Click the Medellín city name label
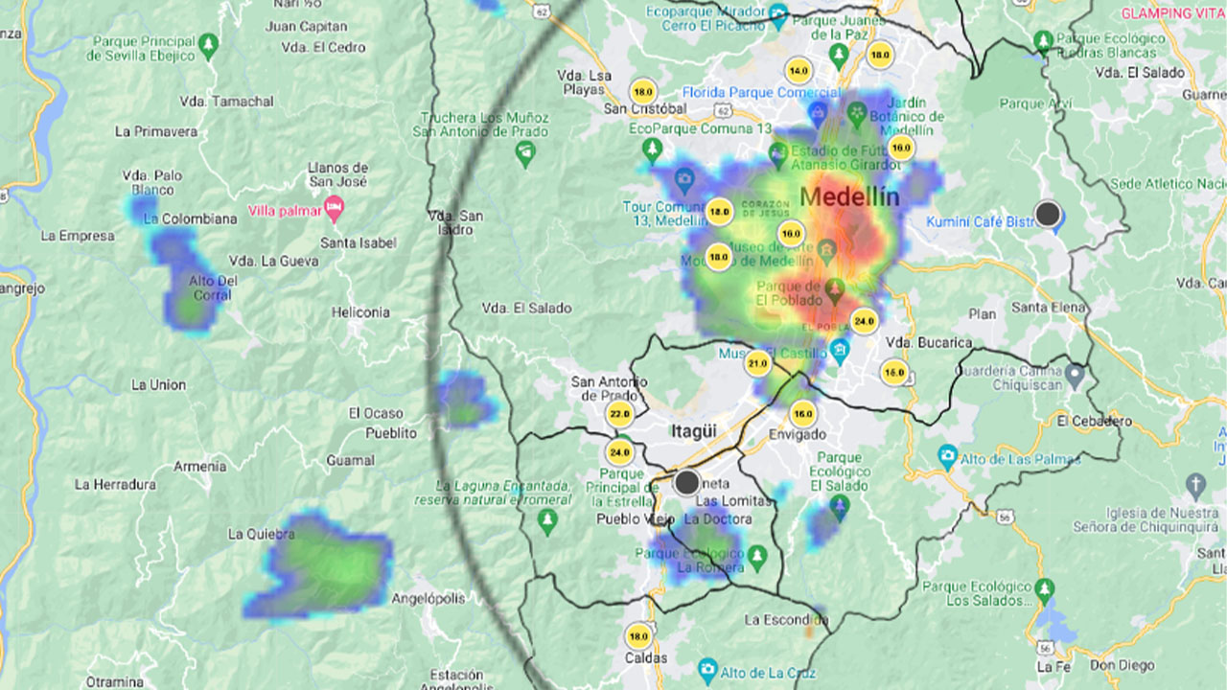[849, 197]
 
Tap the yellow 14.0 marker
[798, 71]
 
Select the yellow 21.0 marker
[758, 363]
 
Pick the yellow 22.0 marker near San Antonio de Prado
[619, 415]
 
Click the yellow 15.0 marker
[893, 372]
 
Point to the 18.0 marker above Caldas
[637, 636]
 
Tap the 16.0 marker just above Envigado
[802, 414]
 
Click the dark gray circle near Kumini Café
[1048, 214]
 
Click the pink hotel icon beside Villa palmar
[334, 207]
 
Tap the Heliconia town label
[360, 311]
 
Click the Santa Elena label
[1049, 308]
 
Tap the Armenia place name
[199, 466]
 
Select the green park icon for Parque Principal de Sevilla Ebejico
[209, 43]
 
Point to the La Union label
[158, 384]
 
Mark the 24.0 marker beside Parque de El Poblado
[864, 321]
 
